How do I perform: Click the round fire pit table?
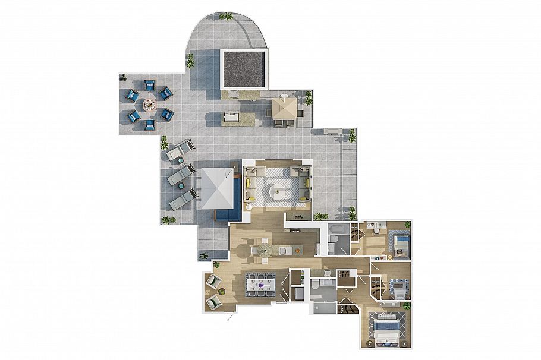149,105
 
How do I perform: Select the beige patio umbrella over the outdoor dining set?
284,108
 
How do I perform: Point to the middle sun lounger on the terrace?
180,175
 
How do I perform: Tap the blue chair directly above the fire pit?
149,86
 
